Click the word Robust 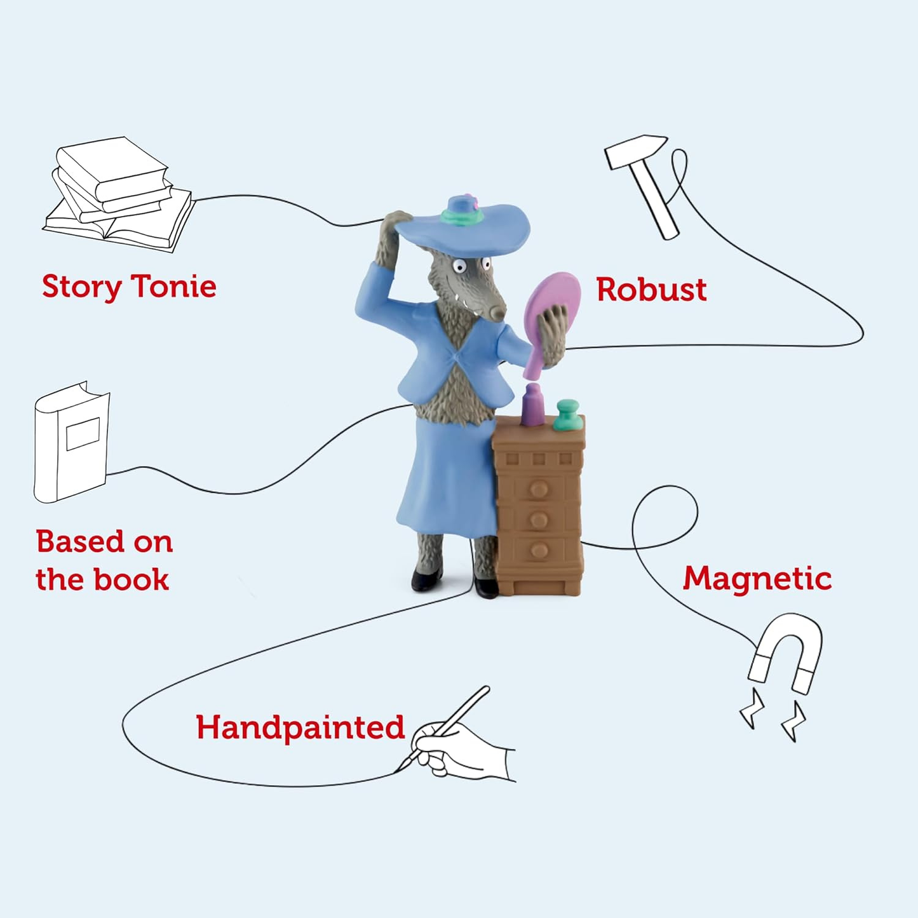651,290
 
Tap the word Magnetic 757,579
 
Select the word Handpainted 300,728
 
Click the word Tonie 173,287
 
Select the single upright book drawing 71,442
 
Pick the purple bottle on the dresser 533,405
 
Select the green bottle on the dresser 567,415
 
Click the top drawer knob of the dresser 539,490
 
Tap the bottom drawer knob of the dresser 539,550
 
